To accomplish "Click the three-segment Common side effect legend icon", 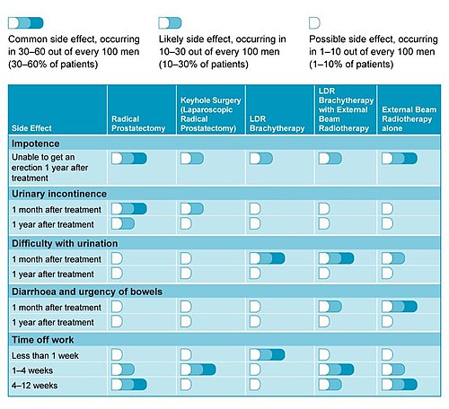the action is click(x=26, y=23).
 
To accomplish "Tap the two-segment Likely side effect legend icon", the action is click(x=170, y=23).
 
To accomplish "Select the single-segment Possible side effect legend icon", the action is click(x=314, y=23).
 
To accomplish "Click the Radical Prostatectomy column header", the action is click(x=138, y=124).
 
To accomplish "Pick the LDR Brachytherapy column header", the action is click(x=277, y=124).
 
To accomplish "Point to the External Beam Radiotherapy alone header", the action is click(x=409, y=119).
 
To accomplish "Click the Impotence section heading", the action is click(x=36, y=144).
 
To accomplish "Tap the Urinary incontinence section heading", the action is click(x=59, y=194).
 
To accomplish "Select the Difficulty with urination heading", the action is click(x=65, y=243).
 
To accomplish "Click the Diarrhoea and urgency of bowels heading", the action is click(x=87, y=292).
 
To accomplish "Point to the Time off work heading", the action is click(x=43, y=340).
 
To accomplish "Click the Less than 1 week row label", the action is click(x=45, y=355).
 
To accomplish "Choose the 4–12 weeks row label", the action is click(x=34, y=386).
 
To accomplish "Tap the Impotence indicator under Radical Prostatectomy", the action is click(x=129, y=159).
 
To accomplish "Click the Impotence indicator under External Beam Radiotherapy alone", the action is click(x=400, y=159).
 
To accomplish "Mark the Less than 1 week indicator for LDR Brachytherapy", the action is click(x=268, y=354).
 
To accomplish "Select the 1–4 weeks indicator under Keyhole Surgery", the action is click(x=198, y=370).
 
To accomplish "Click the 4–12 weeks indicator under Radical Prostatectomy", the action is click(x=129, y=385).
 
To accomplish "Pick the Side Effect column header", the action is click(x=31, y=128).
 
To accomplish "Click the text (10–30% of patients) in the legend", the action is click(x=204, y=65).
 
